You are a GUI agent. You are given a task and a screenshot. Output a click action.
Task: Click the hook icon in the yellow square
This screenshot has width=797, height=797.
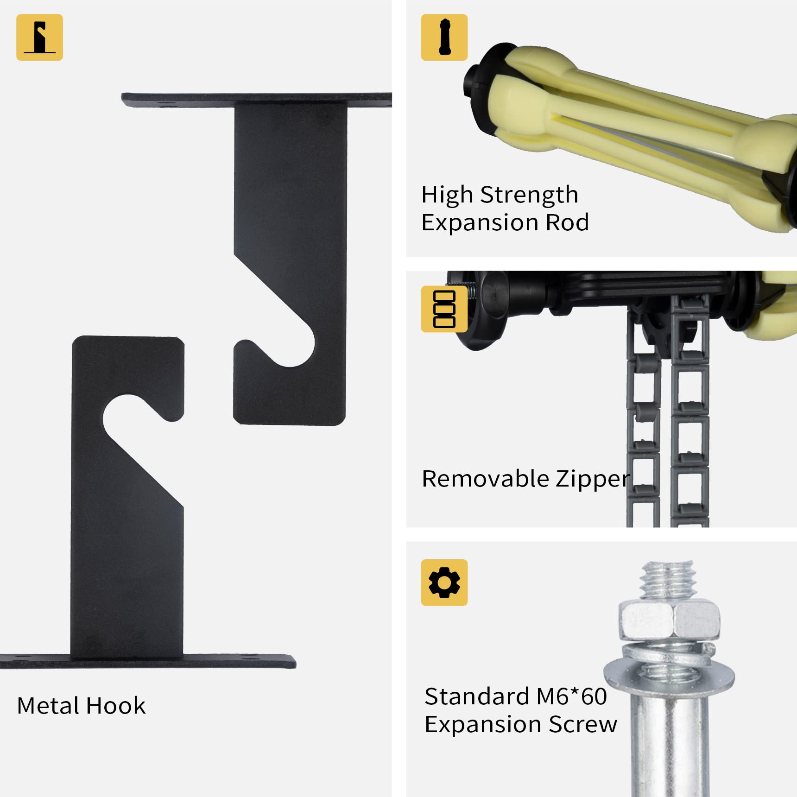39,38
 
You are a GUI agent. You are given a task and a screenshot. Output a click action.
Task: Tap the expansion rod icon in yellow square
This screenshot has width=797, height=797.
444,38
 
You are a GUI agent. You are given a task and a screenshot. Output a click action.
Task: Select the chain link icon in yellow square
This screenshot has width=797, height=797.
444,309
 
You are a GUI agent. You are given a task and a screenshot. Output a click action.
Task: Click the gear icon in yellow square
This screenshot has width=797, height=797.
444,582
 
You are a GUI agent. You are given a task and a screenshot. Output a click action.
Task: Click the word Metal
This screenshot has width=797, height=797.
48,706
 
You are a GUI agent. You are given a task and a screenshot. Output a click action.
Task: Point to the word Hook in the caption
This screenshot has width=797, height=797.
116,706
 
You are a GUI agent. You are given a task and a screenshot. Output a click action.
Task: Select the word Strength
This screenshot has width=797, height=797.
529,195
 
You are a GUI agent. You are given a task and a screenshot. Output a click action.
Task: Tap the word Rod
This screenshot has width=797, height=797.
567,222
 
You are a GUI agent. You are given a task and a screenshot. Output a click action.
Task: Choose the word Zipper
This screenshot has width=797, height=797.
593,480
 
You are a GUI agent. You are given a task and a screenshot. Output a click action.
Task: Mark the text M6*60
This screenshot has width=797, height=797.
571,696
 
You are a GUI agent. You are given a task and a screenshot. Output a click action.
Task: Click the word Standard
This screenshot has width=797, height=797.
477,696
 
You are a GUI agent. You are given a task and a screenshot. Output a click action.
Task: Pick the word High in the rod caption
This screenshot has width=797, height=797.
447,195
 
